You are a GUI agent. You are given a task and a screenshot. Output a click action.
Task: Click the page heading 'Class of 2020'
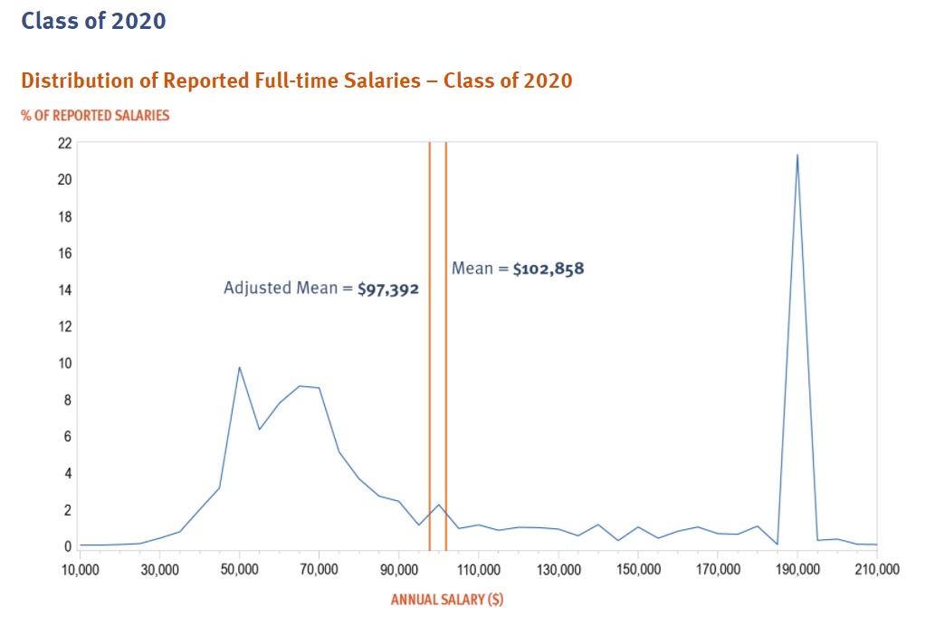tap(93, 20)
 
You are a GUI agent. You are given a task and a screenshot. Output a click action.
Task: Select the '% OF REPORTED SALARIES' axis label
tap(95, 116)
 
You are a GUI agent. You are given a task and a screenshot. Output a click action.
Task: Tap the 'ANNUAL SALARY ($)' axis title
tap(447, 600)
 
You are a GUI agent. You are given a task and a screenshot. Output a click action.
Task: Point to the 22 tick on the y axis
tap(64, 143)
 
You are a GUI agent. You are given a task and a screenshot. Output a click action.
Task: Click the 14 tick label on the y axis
tap(64, 289)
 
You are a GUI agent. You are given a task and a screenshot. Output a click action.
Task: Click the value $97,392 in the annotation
tap(388, 289)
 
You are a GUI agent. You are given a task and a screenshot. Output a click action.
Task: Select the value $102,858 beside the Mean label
tap(549, 269)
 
